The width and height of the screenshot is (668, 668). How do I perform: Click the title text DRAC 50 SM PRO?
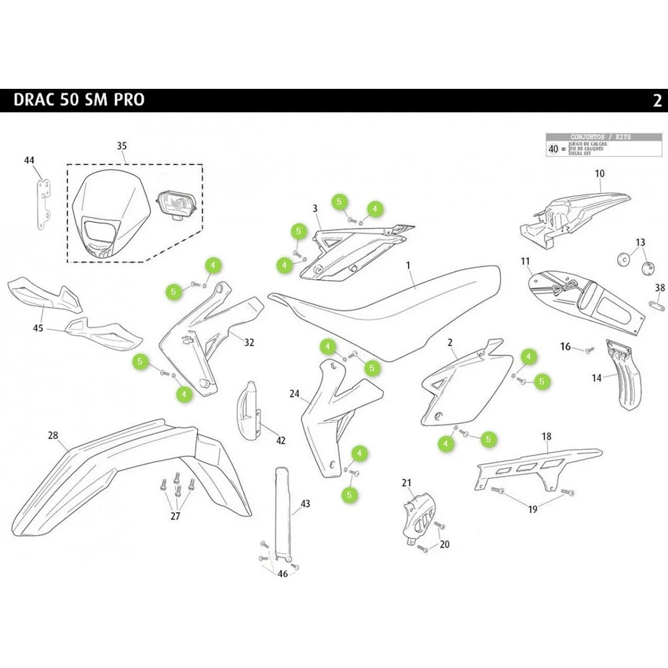(x=79, y=100)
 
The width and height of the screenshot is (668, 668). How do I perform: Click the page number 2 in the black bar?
(x=657, y=101)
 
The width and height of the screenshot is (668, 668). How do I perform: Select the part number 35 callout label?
(x=122, y=146)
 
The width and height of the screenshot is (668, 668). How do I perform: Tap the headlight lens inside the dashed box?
(x=176, y=202)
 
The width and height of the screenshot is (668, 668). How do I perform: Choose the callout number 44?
(x=29, y=160)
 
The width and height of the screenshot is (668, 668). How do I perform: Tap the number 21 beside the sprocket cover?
(x=407, y=482)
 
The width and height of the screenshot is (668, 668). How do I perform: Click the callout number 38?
(x=660, y=288)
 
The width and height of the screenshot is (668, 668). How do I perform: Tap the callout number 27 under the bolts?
(x=176, y=516)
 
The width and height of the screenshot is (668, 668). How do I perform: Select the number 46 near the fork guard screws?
(x=283, y=574)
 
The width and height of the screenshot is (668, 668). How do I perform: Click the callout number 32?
(x=249, y=343)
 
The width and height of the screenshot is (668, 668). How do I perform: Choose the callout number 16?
(x=566, y=347)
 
